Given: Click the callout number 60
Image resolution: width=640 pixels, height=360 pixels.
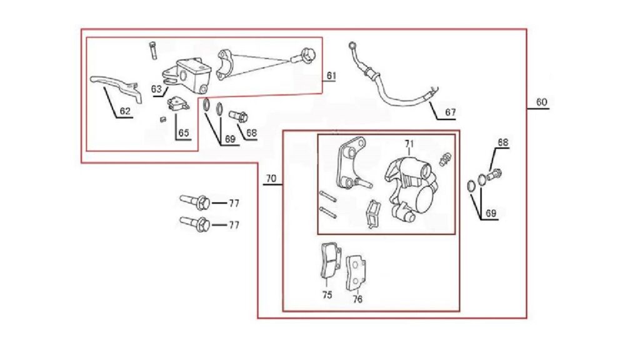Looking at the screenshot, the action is click(x=541, y=102).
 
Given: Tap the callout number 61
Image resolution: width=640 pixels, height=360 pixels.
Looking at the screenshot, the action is click(x=331, y=76).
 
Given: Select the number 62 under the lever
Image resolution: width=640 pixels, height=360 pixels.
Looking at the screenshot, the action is click(x=125, y=111).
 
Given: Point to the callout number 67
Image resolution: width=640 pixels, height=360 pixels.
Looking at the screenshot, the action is click(x=450, y=112).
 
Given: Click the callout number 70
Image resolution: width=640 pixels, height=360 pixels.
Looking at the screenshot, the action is click(x=271, y=178).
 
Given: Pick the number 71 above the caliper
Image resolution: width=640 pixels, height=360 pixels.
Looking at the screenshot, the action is click(x=409, y=144).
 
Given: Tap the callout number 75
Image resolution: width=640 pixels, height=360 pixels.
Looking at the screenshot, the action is click(x=327, y=295).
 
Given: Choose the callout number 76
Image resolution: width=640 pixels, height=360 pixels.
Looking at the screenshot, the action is click(x=357, y=299).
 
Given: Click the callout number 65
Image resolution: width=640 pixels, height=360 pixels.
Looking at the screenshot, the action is click(x=184, y=132).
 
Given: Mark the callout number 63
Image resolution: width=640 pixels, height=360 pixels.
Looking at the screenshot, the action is click(x=157, y=89).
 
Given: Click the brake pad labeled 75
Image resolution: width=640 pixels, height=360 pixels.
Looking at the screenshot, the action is click(x=330, y=261).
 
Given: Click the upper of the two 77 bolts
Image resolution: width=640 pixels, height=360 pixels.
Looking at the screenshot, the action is click(x=195, y=202).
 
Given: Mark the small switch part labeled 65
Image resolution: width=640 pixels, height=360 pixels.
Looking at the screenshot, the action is click(x=178, y=104).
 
